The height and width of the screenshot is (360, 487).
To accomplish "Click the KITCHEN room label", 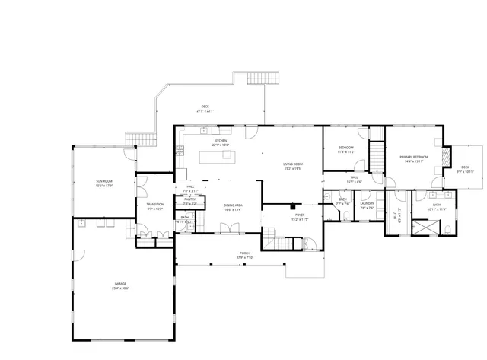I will click(x=220, y=141).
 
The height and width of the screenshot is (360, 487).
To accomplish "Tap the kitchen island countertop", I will click(x=216, y=157).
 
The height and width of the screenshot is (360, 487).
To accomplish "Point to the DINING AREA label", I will click(x=233, y=205).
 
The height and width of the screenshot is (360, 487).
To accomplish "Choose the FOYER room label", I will click(x=300, y=215).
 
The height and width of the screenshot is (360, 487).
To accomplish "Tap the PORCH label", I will click(x=244, y=253).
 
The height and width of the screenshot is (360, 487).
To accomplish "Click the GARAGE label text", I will click(x=120, y=284).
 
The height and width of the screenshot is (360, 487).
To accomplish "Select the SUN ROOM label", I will click(x=104, y=181).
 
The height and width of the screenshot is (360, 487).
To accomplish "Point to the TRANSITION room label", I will click(x=154, y=204).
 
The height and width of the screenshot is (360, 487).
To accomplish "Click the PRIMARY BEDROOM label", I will click(x=414, y=157).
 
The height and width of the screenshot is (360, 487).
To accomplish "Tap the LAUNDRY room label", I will click(x=367, y=203).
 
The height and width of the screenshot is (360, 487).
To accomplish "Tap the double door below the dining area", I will click(x=225, y=228).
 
